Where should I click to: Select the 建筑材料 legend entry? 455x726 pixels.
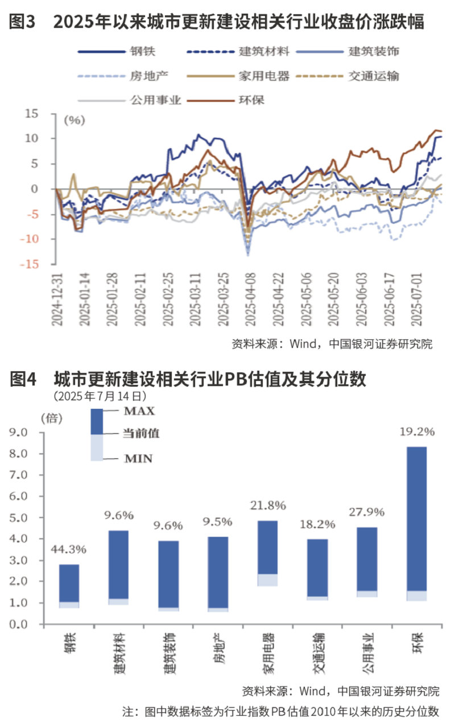(265, 51)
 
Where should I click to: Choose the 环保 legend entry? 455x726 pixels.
(253, 100)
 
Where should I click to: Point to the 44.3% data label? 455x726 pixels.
(69, 549)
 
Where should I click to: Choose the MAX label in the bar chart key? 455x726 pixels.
(139, 411)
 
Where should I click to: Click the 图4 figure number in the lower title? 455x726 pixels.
(23, 379)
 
